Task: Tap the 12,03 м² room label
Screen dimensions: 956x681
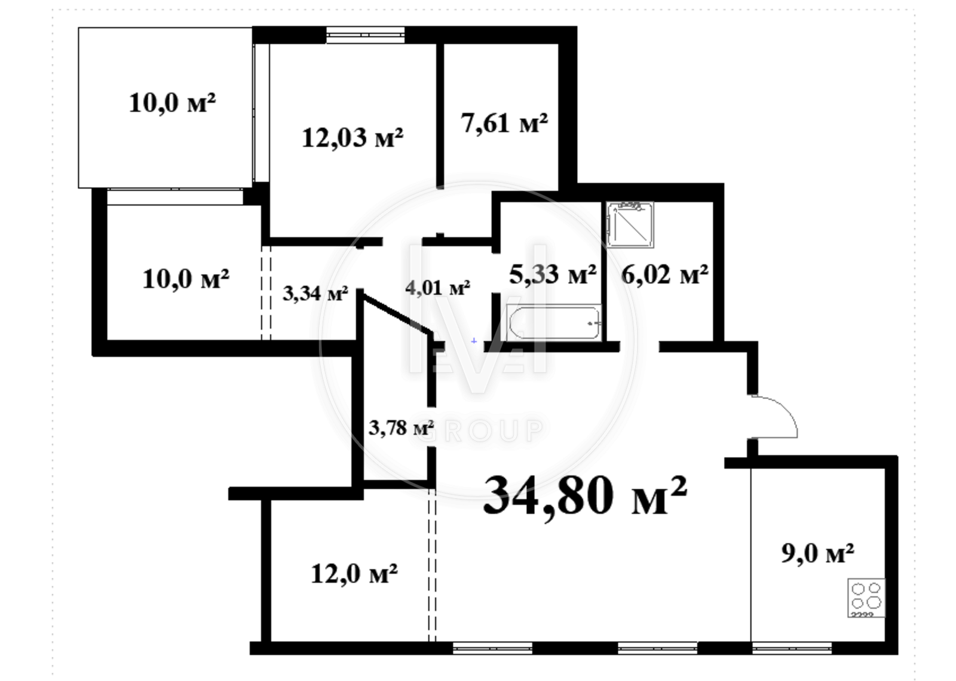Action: click(353, 137)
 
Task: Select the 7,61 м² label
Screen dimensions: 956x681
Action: click(504, 123)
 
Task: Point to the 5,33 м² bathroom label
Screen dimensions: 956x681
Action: click(553, 274)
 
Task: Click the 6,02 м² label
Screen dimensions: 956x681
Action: click(665, 274)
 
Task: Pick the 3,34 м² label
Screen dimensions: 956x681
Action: click(315, 293)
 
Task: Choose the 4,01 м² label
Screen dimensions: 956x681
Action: click(437, 287)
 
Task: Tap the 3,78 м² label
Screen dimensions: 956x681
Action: click(401, 428)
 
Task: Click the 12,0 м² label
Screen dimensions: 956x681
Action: click(354, 573)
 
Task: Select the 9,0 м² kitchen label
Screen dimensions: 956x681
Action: click(818, 553)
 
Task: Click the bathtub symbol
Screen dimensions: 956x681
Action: click(554, 323)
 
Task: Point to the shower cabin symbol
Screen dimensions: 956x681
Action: click(630, 225)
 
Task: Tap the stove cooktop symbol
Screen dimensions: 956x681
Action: click(866, 597)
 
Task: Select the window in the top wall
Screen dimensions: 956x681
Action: click(365, 35)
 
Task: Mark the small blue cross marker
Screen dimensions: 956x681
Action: click(474, 341)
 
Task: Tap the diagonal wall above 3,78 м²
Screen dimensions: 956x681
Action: click(396, 312)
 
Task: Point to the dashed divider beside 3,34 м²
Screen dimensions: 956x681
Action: click(266, 293)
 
